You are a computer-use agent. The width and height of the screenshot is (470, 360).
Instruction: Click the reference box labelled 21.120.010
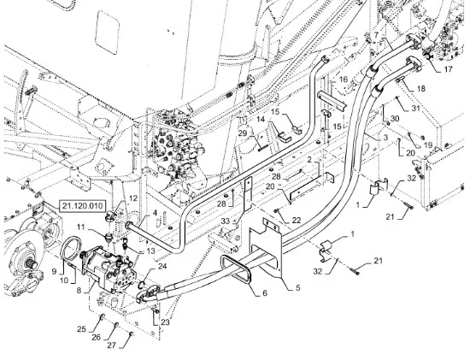82,206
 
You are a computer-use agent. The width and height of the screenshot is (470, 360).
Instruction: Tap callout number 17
448,69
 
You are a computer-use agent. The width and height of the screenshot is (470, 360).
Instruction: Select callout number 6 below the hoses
265,293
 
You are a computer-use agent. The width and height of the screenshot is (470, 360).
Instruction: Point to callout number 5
297,287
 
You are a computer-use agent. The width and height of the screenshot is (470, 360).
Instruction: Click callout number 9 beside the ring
54,272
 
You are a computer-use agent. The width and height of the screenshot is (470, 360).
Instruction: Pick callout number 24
162,266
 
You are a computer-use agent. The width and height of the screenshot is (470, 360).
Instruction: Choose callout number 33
226,221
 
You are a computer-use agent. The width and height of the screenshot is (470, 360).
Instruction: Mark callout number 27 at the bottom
111,345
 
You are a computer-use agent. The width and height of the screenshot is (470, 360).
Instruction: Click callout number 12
133,198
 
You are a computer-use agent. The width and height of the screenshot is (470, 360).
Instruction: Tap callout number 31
415,108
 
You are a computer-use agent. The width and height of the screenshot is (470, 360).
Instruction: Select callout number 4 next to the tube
155,213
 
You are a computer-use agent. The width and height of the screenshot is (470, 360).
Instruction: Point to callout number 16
344,80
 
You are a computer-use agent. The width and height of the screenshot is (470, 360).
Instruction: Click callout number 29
243,133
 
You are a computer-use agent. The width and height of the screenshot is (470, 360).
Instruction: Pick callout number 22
297,221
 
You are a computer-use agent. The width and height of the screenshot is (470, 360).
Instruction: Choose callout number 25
81,329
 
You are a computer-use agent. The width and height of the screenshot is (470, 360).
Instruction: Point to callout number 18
420,89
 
